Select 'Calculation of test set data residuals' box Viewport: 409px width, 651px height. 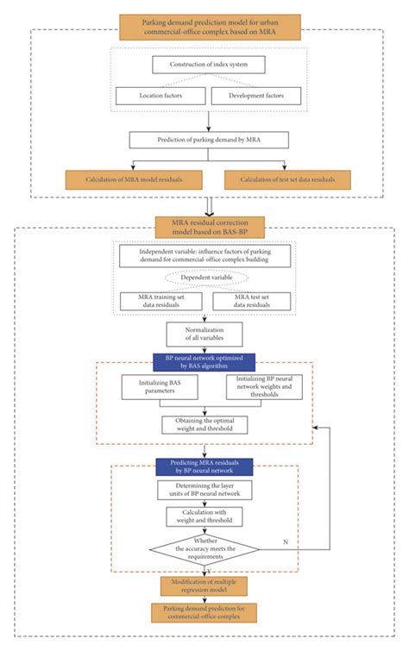(288, 179)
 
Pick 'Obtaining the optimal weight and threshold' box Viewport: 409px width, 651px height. (204, 425)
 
